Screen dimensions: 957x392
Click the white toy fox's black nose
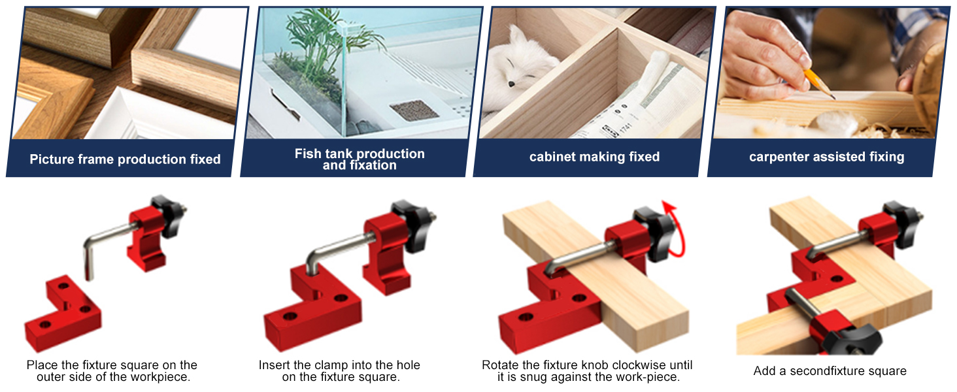(511, 84)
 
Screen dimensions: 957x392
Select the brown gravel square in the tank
(414, 110)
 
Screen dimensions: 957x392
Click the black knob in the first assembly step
(169, 216)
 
